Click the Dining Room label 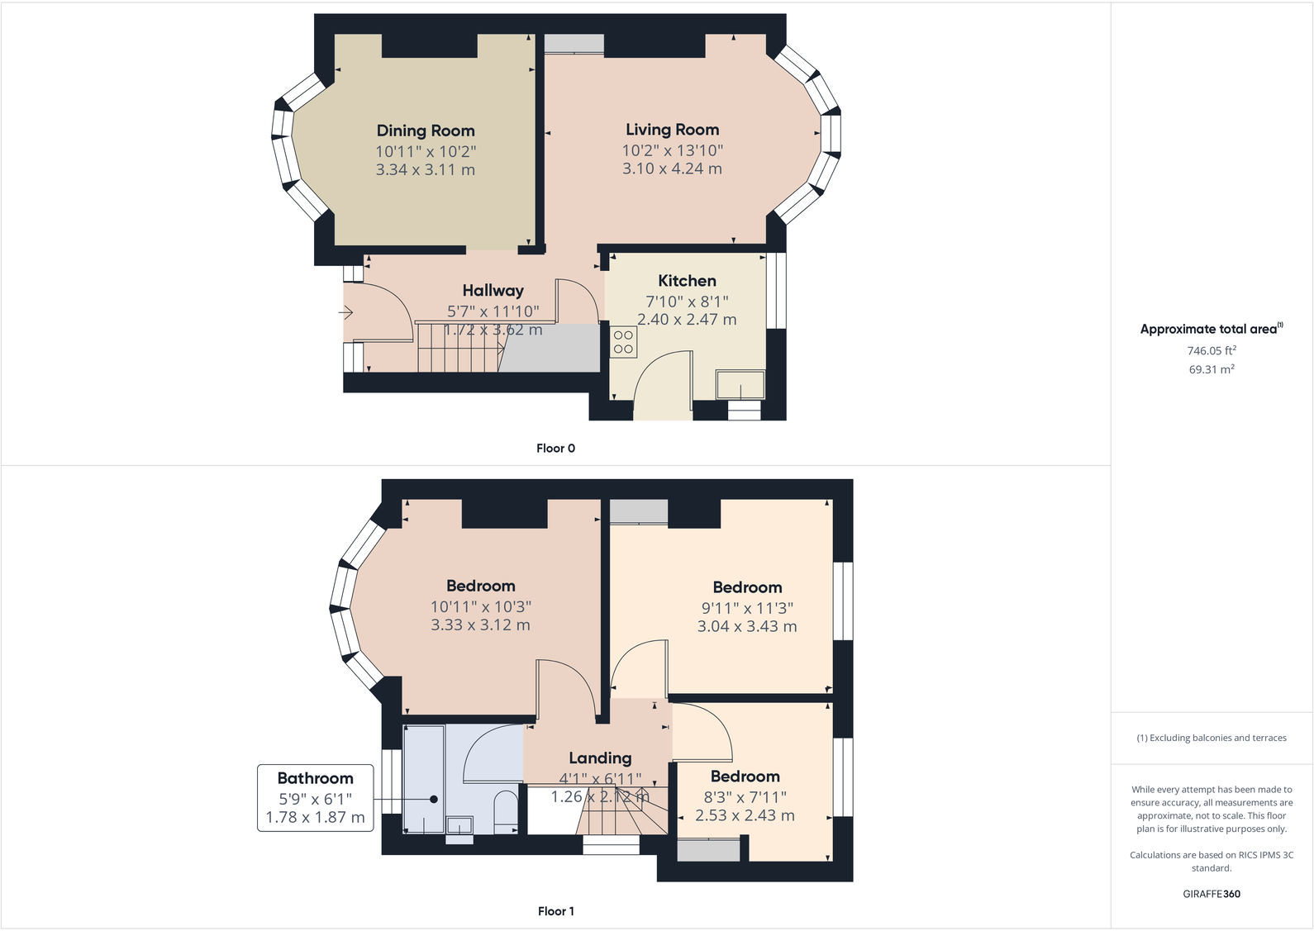coord(426,131)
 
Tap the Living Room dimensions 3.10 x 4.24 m coord(672,169)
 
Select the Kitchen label coord(687,281)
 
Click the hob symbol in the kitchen coord(624,343)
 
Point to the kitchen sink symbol coord(740,385)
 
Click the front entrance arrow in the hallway coord(345,312)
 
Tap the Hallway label coord(493,291)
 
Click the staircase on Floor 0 coord(459,349)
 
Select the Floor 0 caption coord(555,449)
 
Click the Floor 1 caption coord(555,911)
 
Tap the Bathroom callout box coord(315,798)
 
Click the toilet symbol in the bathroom coord(504,811)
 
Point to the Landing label coord(600,758)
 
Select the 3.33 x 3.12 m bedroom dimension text coord(480,625)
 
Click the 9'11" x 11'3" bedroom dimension coord(747,608)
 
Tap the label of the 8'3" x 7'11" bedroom coord(745,777)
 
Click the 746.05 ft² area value coord(1211,351)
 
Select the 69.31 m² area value coord(1211,370)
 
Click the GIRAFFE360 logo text coord(1211,894)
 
